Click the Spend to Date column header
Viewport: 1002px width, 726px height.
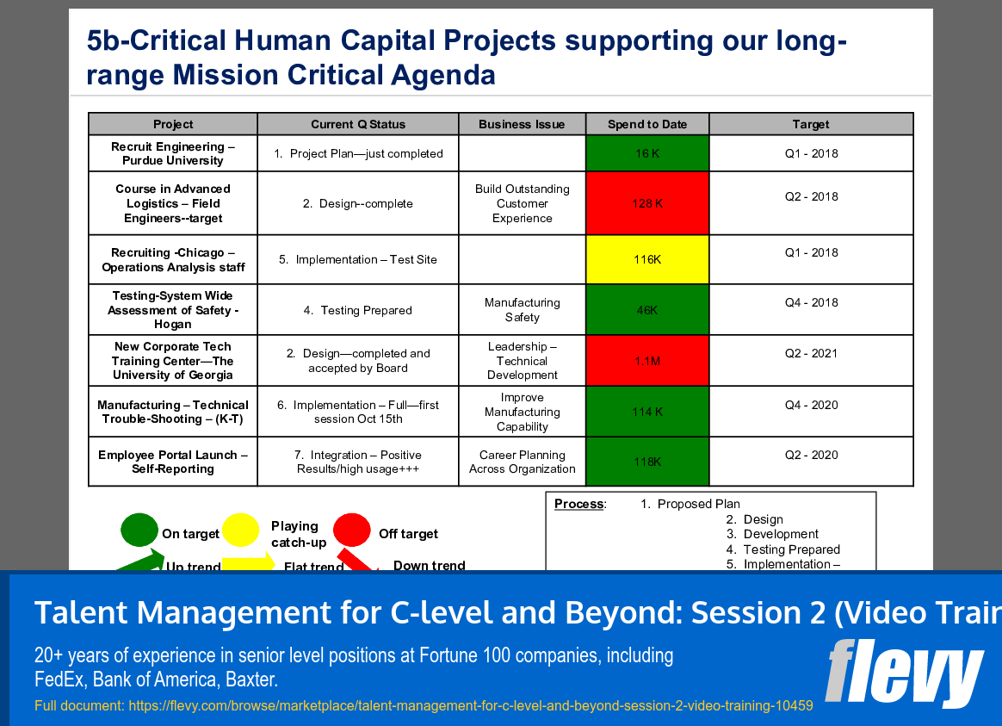[646, 124]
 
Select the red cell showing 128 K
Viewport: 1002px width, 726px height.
[646, 203]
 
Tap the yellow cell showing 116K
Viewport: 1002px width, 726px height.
[646, 259]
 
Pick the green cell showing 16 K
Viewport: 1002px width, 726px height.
[646, 153]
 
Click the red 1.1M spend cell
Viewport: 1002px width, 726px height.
[646, 361]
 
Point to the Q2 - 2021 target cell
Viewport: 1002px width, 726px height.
[810, 353]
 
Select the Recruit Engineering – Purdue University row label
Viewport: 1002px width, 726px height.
[173, 153]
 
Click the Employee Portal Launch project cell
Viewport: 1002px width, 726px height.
[173, 462]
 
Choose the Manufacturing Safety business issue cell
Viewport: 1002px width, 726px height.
[522, 310]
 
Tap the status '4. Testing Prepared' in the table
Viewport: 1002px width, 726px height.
[357, 310]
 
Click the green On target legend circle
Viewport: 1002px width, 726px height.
[139, 531]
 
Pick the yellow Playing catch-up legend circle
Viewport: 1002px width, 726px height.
[240, 531]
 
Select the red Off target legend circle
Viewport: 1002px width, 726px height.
[351, 530]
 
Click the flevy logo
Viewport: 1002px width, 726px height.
[903, 672]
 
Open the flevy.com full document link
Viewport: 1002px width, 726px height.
[470, 705]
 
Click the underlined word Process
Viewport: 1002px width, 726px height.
[579, 504]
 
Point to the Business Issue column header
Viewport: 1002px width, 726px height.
[522, 124]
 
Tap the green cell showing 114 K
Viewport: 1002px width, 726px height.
[646, 412]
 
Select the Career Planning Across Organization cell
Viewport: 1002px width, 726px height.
[522, 462]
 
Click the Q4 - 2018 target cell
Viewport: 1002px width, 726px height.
[810, 302]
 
